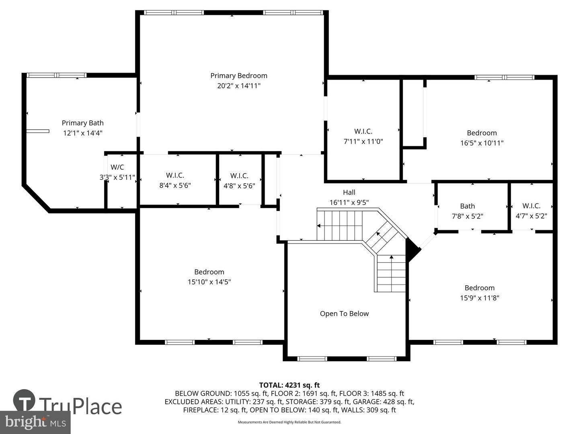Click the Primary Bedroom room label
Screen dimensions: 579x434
pos(239,76)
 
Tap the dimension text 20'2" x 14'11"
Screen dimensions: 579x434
pos(239,86)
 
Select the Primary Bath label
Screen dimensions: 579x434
pos(82,123)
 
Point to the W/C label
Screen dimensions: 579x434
pos(117,167)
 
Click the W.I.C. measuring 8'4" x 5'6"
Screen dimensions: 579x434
pos(175,180)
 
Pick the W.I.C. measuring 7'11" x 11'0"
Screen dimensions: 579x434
pos(363,136)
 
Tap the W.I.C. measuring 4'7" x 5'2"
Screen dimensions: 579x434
pos(531,211)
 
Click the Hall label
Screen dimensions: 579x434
pos(349,192)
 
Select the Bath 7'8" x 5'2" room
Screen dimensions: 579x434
pos(467,211)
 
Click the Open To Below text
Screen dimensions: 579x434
pos(344,313)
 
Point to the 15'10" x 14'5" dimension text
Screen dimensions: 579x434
pos(209,282)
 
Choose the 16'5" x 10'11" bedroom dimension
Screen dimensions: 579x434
pos(482,143)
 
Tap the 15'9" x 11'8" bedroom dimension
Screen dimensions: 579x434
pos(480,298)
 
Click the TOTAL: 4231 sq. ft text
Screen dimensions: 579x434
pos(289,385)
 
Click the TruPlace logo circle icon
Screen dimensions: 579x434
pos(24,400)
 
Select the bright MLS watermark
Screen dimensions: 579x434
pos(35,422)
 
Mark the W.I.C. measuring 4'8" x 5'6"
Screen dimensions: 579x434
pos(239,181)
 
